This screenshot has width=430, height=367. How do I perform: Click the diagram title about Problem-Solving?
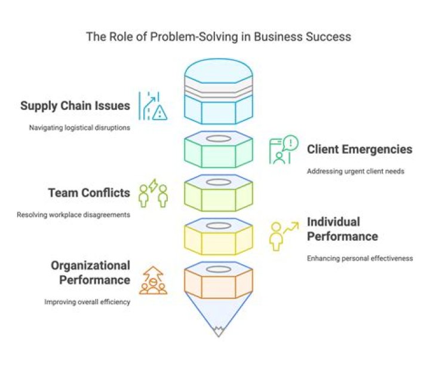coord(218,36)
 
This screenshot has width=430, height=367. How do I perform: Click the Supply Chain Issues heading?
coord(75,106)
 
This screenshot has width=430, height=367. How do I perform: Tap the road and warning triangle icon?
coord(152,106)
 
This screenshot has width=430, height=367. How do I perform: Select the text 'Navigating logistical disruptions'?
coord(80,127)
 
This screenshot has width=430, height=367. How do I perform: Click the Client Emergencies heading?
coord(359,149)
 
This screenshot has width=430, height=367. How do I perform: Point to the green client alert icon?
coord(282,149)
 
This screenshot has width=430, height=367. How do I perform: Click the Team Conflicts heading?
coord(89,193)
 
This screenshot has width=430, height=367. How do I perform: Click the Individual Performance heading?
coord(342,229)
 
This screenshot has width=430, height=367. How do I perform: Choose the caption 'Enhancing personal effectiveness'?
coord(360,258)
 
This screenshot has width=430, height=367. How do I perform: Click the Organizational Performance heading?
coord(90,273)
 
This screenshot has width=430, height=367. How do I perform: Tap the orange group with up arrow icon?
coord(153,280)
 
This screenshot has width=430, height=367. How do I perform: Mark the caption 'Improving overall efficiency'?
coord(87,302)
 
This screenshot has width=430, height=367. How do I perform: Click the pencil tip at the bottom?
coord(218,329)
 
